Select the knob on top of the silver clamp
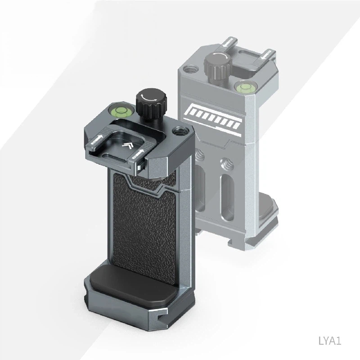point(216,66)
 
